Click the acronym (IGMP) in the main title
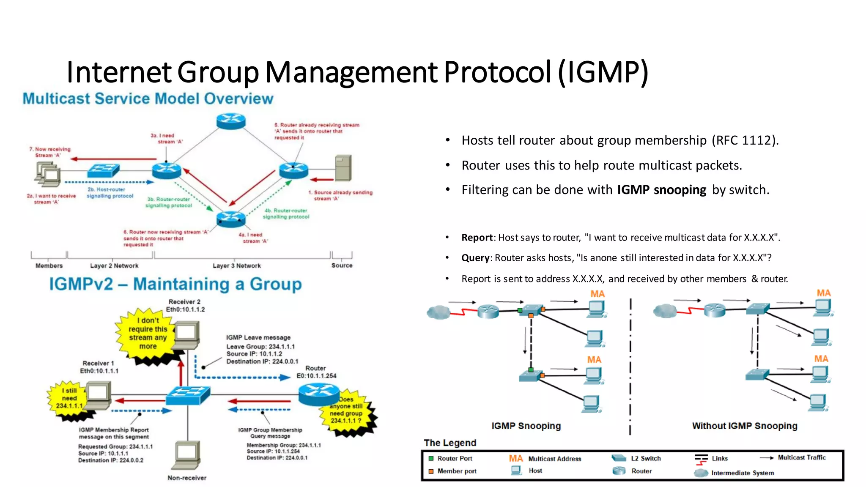click(x=603, y=72)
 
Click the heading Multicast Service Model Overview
click(x=148, y=98)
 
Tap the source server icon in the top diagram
click(x=343, y=168)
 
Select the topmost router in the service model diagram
click(x=231, y=121)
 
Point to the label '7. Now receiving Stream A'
click(x=50, y=152)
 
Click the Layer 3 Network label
click(x=236, y=265)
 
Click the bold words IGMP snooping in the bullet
click(x=661, y=190)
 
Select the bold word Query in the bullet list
click(x=475, y=258)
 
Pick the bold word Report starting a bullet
click(x=477, y=238)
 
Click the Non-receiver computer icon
click(x=186, y=455)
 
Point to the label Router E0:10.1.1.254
click(x=316, y=372)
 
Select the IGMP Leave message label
click(x=258, y=337)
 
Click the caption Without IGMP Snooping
click(x=744, y=426)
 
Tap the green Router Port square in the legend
click(x=431, y=458)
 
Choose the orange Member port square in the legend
click(x=431, y=471)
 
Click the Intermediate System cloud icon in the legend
click(x=701, y=473)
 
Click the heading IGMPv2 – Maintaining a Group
click(x=175, y=284)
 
